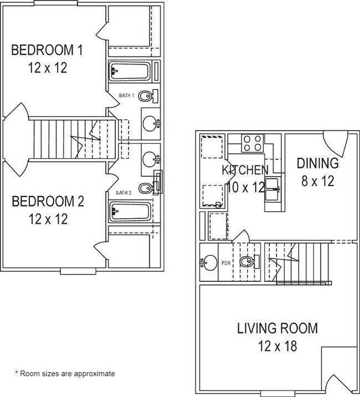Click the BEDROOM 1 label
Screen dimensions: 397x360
(47, 51)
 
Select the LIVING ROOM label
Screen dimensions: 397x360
(277, 328)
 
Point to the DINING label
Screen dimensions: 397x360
(317, 163)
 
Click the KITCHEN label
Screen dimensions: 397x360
(245, 170)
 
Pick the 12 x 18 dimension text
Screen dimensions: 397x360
(277, 347)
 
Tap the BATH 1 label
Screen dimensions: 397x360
(127, 96)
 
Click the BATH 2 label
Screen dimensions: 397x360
(123, 193)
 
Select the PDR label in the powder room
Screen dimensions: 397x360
(225, 263)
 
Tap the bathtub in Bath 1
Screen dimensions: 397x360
(130, 71)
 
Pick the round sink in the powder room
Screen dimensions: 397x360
(209, 262)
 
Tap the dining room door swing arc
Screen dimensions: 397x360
(335, 144)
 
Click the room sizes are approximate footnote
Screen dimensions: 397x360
(65, 374)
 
